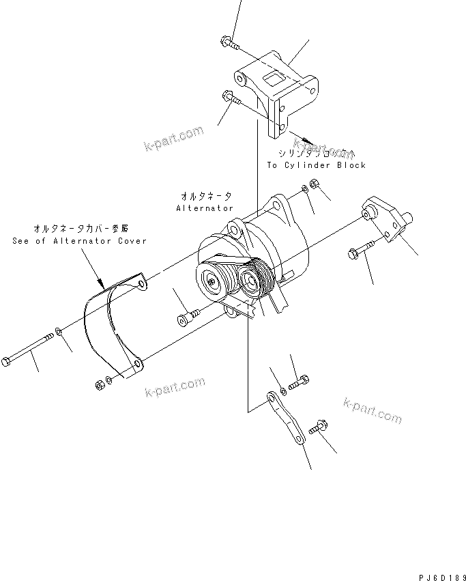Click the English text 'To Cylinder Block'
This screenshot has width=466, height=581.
[x=316, y=165]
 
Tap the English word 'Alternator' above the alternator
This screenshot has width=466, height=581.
[x=205, y=208]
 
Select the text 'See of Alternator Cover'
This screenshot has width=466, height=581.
[x=79, y=241]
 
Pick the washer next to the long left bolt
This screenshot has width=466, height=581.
[x=60, y=332]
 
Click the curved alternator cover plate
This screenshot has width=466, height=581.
[x=109, y=321]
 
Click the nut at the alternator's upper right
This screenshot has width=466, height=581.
[x=315, y=184]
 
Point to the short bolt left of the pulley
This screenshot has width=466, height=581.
[x=187, y=315]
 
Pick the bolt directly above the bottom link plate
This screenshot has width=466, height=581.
[x=300, y=384]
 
